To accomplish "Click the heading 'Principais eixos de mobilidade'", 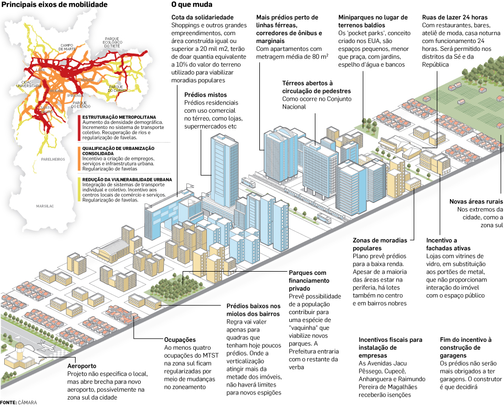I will [55, 5].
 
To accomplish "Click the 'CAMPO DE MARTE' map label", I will [67, 47].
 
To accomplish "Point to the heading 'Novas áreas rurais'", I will [476, 201].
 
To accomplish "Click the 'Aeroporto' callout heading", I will [82, 366].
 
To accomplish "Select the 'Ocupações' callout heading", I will [180, 340].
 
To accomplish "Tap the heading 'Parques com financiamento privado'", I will [308, 277].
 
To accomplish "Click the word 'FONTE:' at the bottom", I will [8, 403].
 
